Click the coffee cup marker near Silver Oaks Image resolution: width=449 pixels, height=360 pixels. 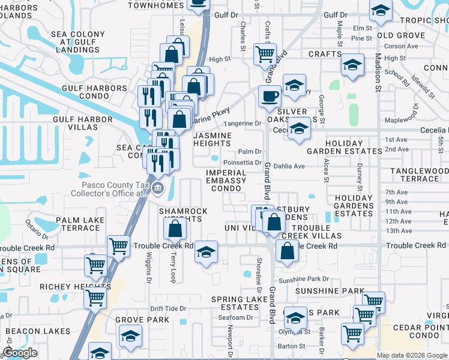pos(270,96)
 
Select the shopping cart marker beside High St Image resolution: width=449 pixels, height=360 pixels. pos(265,54)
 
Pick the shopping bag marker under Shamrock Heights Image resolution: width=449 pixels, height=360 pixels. pos(175,229)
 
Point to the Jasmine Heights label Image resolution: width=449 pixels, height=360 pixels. pos(212,140)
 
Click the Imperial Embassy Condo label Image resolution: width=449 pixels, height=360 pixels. pos(226,181)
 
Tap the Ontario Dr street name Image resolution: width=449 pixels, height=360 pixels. pos(37,227)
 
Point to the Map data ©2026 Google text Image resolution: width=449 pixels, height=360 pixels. pos(412,355)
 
